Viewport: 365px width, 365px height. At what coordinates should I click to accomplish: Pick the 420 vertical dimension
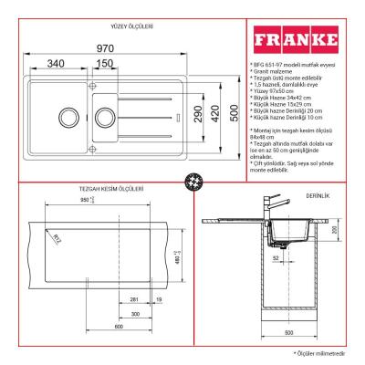(214, 115)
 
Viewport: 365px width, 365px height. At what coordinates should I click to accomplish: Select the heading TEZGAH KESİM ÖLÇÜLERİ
(110, 189)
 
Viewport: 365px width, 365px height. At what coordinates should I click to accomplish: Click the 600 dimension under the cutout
(120, 326)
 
